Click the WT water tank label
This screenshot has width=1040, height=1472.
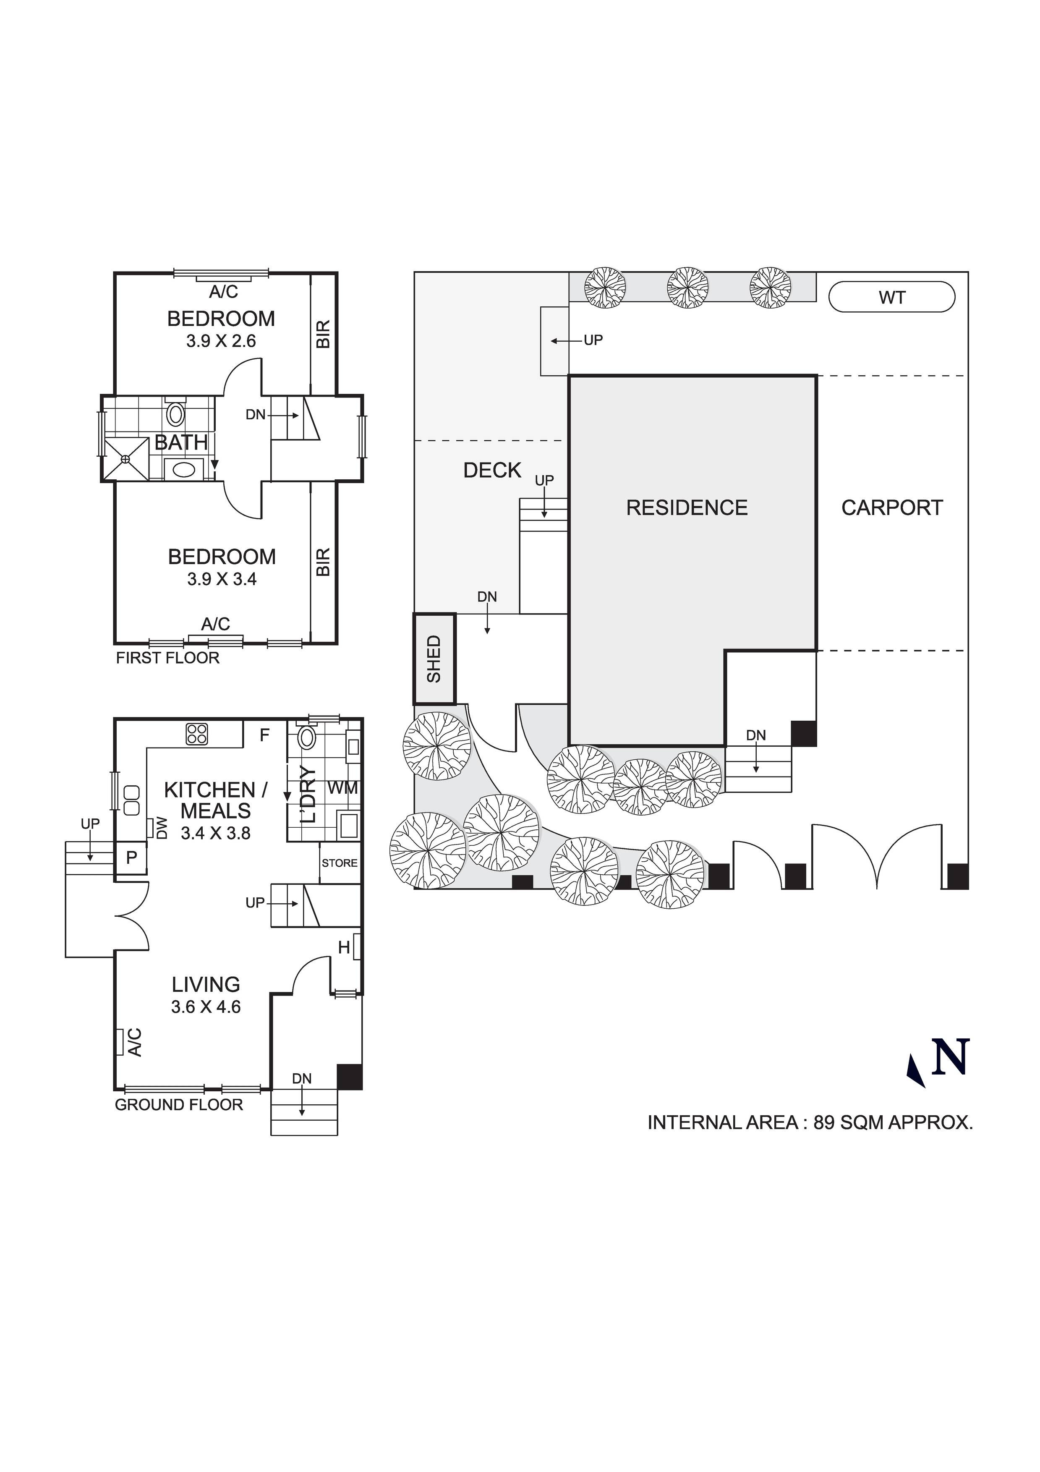tap(891, 298)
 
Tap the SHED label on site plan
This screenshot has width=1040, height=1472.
tap(434, 659)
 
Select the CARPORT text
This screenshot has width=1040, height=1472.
tap(892, 508)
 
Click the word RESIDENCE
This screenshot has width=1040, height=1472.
tap(687, 508)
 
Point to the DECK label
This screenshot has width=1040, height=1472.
tap(492, 471)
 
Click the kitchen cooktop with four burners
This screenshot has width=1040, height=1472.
tap(197, 734)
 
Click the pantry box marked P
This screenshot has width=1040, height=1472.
tap(131, 858)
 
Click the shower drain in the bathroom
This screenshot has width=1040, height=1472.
tap(125, 459)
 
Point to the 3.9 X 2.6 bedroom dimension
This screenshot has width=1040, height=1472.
tap(221, 341)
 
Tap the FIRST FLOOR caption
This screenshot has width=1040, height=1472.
tap(167, 658)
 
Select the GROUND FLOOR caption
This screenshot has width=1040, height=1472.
tap(179, 1105)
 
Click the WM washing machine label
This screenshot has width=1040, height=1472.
tap(342, 788)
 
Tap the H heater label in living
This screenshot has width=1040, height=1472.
tap(344, 948)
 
